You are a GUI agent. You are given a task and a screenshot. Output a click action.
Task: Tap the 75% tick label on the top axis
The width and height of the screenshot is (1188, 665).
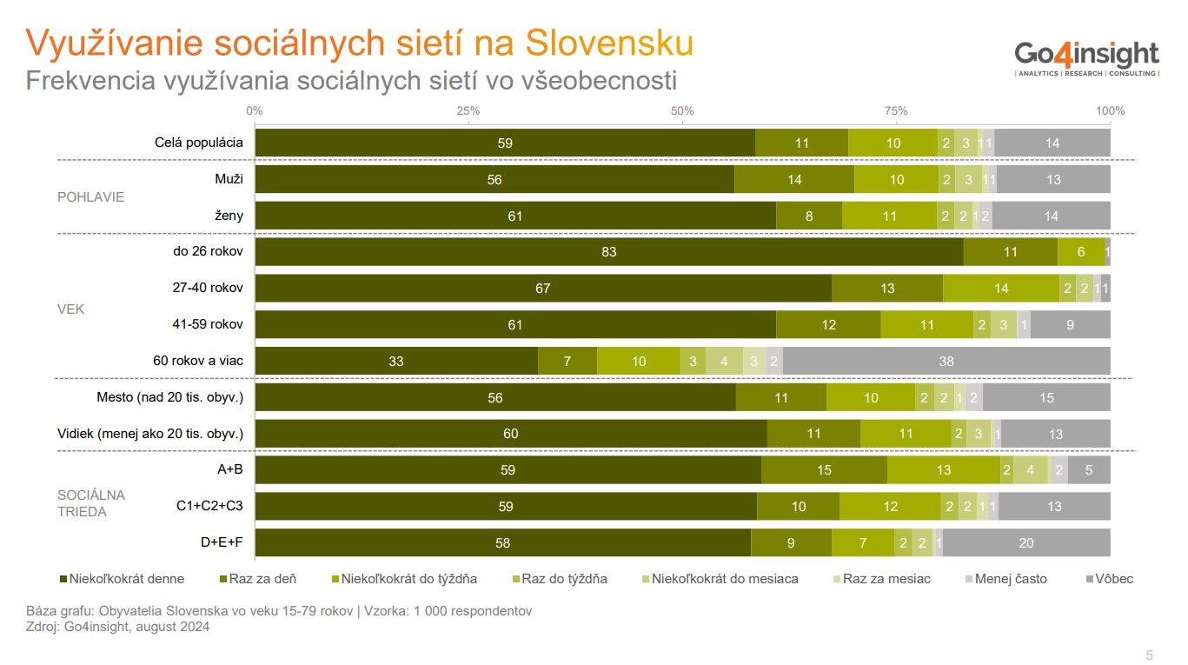click(x=896, y=110)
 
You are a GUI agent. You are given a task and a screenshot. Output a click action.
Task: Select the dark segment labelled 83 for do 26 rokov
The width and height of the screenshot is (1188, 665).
click(x=608, y=252)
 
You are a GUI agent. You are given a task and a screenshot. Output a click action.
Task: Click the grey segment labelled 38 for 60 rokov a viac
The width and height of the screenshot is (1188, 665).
click(x=946, y=361)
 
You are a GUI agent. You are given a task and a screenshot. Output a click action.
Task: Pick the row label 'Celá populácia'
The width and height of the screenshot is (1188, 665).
click(x=199, y=143)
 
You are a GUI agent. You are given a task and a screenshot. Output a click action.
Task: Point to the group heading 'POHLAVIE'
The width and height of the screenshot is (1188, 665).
click(x=90, y=196)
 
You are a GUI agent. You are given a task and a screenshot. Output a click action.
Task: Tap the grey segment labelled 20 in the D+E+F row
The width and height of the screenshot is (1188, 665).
click(x=1026, y=542)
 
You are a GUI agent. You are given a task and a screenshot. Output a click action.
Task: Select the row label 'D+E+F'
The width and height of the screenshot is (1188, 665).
click(x=222, y=542)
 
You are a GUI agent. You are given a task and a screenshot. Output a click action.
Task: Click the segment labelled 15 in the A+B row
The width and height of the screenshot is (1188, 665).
click(x=824, y=470)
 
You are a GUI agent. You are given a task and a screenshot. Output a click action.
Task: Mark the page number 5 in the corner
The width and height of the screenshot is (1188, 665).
click(x=1149, y=655)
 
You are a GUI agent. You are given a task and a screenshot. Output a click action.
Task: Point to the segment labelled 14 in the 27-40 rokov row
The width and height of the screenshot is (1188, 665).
click(x=1001, y=289)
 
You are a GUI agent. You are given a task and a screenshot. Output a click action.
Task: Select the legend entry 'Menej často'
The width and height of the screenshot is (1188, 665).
click(x=1011, y=578)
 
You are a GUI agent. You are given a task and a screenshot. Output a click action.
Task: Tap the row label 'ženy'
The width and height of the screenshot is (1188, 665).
click(x=229, y=216)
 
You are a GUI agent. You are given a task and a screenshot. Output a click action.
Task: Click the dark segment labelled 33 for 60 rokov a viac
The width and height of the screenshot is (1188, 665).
click(x=396, y=361)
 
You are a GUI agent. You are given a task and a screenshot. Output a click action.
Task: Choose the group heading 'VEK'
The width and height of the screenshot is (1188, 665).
click(x=71, y=309)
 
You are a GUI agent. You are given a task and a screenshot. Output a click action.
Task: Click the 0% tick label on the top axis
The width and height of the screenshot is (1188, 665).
click(x=254, y=110)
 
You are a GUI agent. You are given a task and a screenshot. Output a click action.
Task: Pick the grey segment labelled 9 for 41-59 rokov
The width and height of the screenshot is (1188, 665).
click(x=1070, y=324)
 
